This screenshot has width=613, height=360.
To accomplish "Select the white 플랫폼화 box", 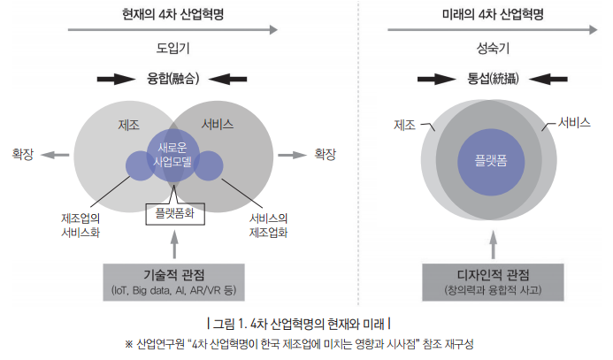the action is [175, 212].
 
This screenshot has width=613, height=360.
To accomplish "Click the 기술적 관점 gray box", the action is [175, 281].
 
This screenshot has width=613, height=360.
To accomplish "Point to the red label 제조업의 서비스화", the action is [81, 226].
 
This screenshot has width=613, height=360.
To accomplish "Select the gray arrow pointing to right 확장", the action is [292, 154].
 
